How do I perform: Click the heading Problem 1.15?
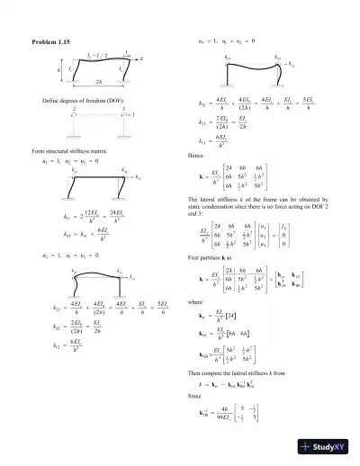(x=56, y=43)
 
